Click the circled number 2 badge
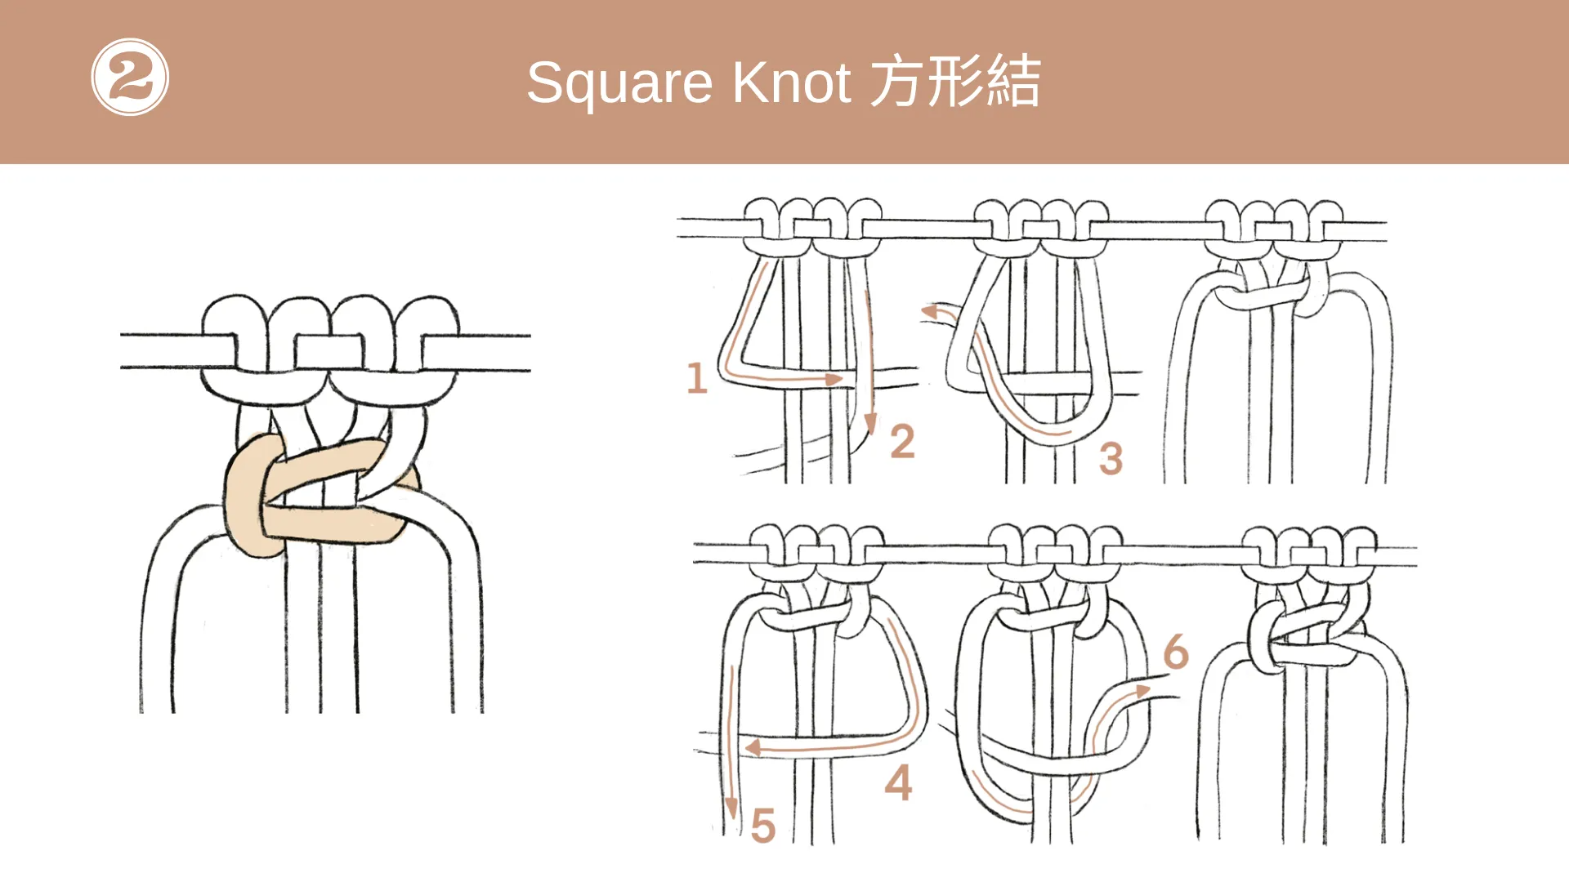[x=130, y=78]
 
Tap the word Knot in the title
[x=792, y=82]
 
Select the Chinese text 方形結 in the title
[x=955, y=81]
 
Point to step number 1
[x=696, y=378]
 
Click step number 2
[x=902, y=441]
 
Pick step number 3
[x=1111, y=458]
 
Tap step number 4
[x=898, y=782]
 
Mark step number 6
[x=1176, y=652]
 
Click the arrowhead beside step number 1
[x=834, y=379]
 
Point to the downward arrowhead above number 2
[x=870, y=423]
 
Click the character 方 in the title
[x=896, y=81]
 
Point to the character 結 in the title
[x=1014, y=81]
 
